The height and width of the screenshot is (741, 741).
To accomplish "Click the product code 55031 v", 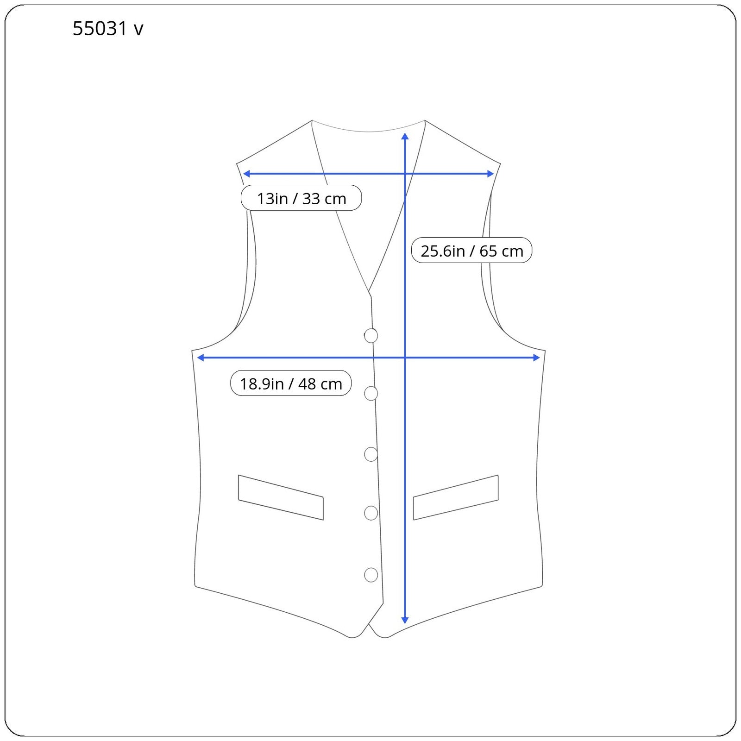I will point(108,29).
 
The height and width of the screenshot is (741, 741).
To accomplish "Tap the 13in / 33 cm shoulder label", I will point(301,198).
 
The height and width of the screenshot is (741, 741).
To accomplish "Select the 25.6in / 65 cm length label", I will point(471,251).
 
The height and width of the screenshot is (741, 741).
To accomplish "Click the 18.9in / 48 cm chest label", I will point(291,383).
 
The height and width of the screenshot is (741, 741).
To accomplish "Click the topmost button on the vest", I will point(371,335).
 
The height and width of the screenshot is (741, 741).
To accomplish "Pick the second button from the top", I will point(371,393).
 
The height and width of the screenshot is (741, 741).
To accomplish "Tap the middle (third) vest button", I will point(371,454).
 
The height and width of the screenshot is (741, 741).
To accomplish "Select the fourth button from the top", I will point(371,513).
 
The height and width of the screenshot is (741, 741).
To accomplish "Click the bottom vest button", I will point(371,575).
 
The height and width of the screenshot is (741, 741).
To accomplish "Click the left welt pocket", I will point(281,497).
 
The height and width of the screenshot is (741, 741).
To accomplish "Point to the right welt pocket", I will point(456,497).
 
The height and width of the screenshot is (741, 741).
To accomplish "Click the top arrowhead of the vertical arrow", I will point(405,136).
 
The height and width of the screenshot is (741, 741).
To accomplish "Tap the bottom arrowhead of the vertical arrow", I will point(405,620).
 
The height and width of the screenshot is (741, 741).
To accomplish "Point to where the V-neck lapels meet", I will point(370,293).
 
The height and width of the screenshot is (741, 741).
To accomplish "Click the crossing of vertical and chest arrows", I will point(405,358).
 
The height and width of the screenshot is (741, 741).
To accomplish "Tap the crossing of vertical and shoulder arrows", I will point(405,174).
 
